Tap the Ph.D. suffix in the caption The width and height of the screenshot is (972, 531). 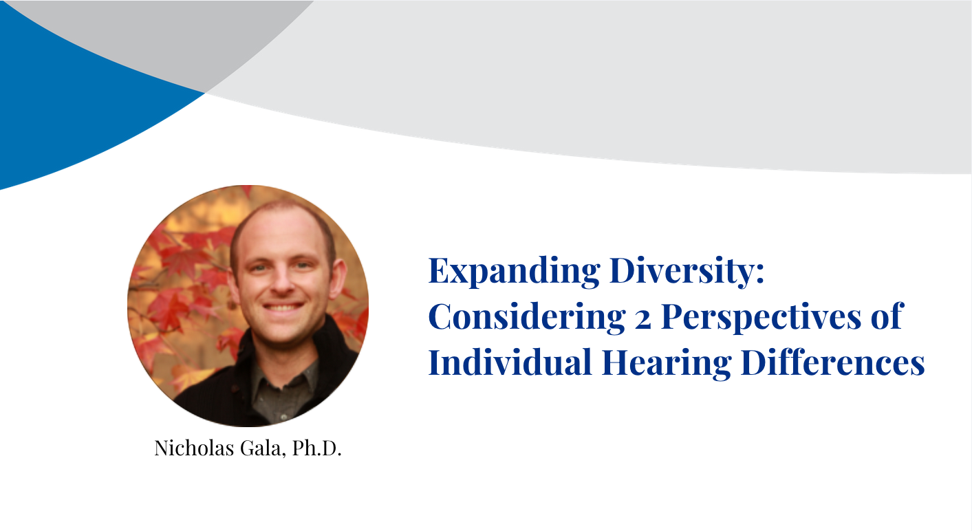316,448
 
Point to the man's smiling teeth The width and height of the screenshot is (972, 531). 283,307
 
